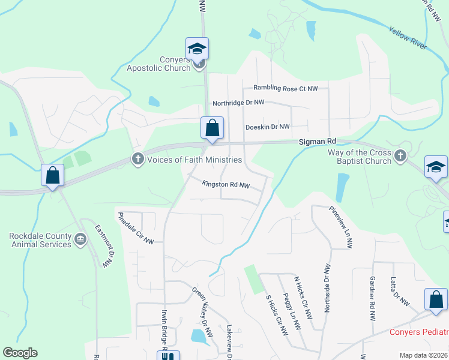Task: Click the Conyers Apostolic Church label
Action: pos(158,64)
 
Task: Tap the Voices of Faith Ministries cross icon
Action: pos(137,160)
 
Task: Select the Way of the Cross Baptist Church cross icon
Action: pos(400,157)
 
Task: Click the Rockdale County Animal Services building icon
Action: pos(80,240)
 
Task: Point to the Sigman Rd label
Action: pos(318,142)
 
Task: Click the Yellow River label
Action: pos(406,38)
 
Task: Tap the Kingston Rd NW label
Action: pos(226,184)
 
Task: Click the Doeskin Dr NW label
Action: pos(267,127)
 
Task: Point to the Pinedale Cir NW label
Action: pos(136,228)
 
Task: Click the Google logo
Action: pos(20,353)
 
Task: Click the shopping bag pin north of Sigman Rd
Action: pos(212,128)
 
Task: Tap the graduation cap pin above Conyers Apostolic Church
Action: pos(197,49)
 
